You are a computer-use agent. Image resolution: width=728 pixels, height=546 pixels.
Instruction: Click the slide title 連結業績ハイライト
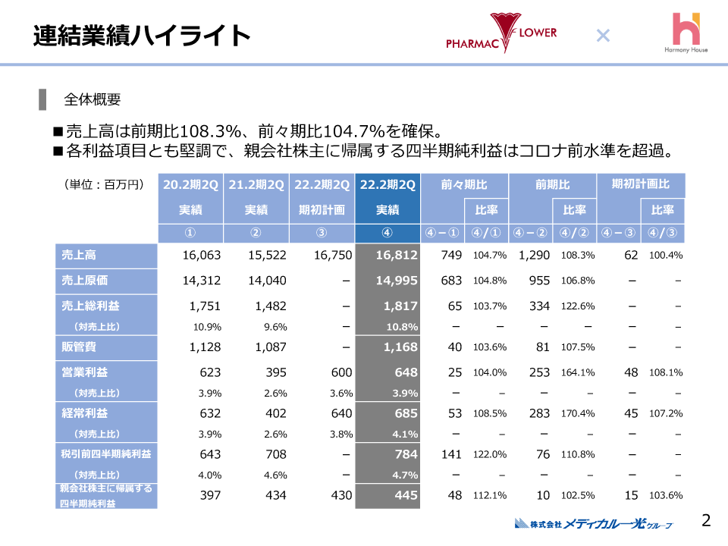pos(142,36)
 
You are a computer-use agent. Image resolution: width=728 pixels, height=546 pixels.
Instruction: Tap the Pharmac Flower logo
pos(502,34)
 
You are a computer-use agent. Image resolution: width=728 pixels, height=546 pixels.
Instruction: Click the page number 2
pos(706,520)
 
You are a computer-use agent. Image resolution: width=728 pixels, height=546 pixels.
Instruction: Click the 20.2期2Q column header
pos(190,184)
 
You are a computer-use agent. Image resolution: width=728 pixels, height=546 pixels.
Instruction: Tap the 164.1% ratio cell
pos(578,373)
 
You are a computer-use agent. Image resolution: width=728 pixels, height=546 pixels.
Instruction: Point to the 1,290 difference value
pos(534,256)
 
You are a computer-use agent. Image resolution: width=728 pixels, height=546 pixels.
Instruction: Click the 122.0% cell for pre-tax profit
pos(490,455)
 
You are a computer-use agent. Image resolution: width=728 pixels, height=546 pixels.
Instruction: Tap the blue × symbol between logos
pos(603,35)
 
